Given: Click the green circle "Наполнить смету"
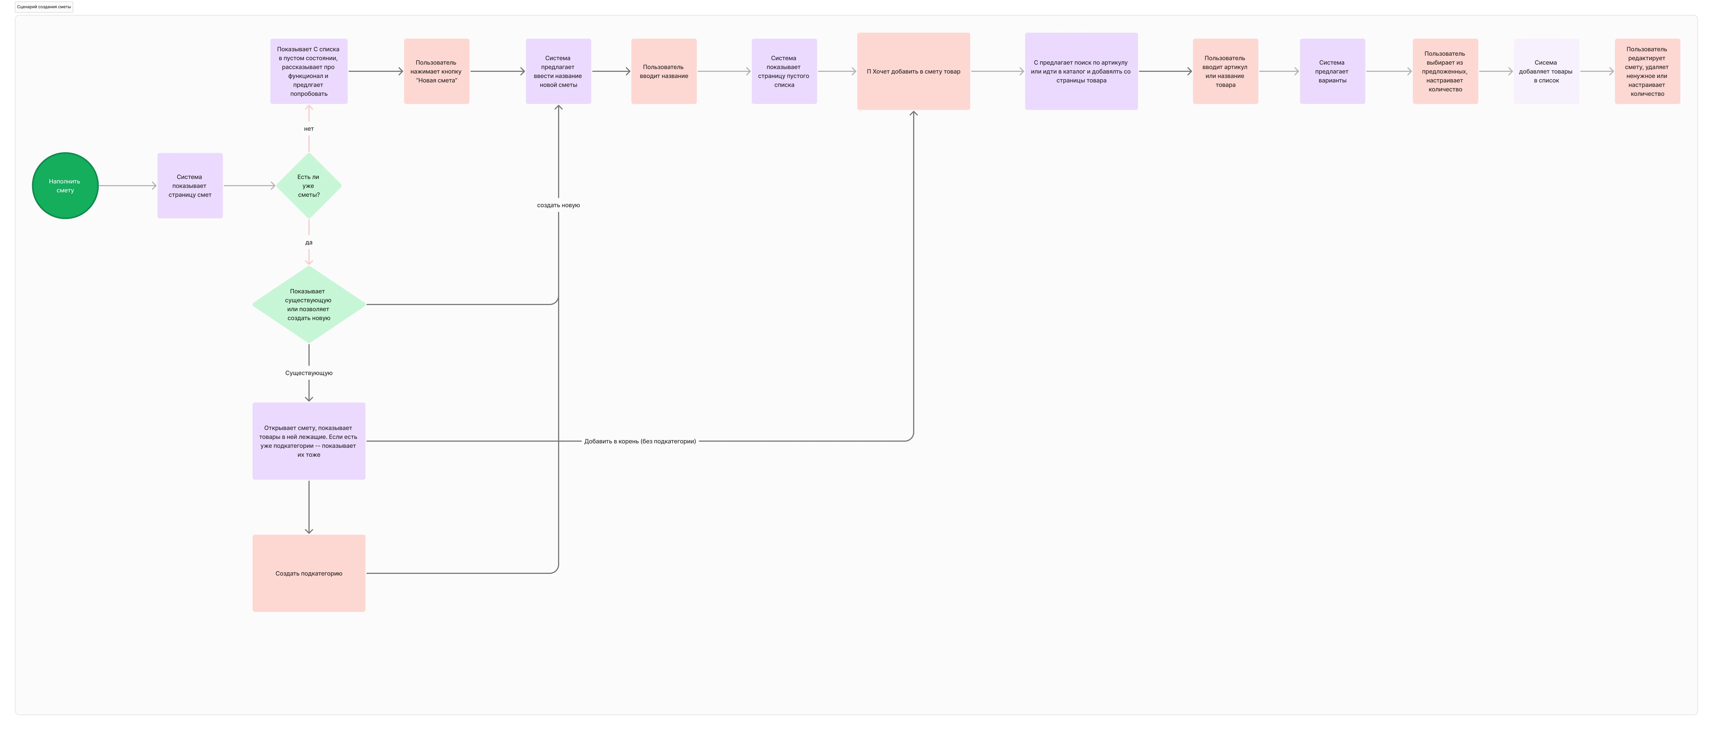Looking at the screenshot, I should point(65,185).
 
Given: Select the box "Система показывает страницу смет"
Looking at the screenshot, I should point(190,185).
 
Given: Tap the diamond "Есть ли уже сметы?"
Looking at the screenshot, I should point(308,185).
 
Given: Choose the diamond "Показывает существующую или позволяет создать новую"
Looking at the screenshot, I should point(308,304).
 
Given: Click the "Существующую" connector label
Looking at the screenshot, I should point(308,373).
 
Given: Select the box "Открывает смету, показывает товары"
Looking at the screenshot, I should point(308,441).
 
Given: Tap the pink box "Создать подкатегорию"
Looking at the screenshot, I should point(308,573).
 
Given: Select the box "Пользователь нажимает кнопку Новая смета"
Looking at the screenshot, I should point(436,71).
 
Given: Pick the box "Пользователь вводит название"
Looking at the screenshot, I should point(664,71).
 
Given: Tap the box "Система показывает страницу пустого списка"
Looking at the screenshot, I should point(784,71).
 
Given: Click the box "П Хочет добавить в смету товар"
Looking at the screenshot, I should point(913,71).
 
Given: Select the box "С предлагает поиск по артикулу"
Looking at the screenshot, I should point(1081,71).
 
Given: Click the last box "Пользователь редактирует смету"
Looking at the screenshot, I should point(1647,71).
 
